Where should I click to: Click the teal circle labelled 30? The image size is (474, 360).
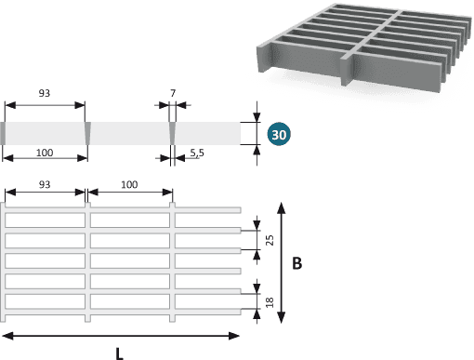[x=279, y=134]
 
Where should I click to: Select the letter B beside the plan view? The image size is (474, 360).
[x=296, y=263]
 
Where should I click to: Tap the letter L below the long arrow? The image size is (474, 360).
[x=119, y=353]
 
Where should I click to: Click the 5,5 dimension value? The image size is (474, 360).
[x=197, y=153]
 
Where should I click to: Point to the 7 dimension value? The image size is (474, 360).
[x=173, y=93]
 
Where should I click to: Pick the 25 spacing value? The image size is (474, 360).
[x=270, y=240]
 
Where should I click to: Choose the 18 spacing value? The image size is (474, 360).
[x=270, y=302]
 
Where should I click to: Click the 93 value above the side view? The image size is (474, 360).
[x=45, y=93]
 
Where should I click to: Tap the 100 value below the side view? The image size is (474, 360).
[x=45, y=153]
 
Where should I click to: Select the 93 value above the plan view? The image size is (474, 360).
[x=45, y=184]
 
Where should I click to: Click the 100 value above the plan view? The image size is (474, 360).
[x=129, y=184]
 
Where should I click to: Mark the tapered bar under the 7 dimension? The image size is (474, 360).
[x=172, y=133]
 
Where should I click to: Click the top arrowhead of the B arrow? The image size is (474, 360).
[x=281, y=207]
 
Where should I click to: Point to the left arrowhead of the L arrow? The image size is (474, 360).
[x=7, y=336]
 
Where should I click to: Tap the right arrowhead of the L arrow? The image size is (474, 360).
[x=234, y=336]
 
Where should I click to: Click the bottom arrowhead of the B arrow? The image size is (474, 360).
[x=281, y=318]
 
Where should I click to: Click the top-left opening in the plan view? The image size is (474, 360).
[x=46, y=220]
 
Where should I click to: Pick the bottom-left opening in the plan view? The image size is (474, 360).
[x=46, y=301]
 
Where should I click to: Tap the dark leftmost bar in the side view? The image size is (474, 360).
[x=3, y=133]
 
